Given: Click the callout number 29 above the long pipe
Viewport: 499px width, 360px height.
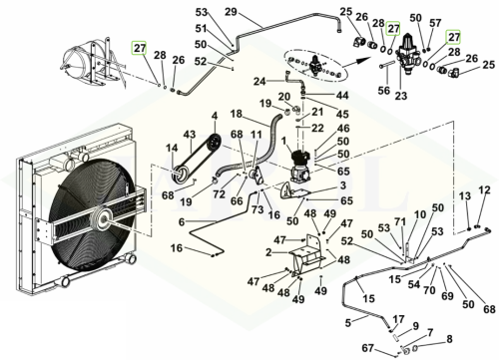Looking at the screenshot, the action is (231, 12).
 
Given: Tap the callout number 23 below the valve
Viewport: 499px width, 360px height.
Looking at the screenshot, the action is (401, 96).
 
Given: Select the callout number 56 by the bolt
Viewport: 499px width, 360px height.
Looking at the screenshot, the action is (384, 90).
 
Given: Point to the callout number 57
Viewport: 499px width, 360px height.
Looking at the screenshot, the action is (435, 23).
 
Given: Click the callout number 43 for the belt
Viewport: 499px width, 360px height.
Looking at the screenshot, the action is (190, 135).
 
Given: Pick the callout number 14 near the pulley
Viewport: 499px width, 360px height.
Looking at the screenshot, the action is (172, 148).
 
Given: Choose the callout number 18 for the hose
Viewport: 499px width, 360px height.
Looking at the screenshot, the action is (237, 114).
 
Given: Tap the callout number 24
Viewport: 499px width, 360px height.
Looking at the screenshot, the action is (259, 81).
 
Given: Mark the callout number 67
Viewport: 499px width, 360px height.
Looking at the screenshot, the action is (367, 348).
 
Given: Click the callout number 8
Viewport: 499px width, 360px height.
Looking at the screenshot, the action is (449, 339).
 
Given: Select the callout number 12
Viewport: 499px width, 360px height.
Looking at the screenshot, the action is (484, 190).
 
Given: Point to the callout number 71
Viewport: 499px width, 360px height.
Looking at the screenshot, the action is (400, 222).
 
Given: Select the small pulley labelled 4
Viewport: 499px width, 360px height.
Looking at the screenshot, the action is (213, 143).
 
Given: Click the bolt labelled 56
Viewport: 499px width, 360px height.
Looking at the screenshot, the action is (387, 66).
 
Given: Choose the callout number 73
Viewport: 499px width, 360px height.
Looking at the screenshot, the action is (257, 209).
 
